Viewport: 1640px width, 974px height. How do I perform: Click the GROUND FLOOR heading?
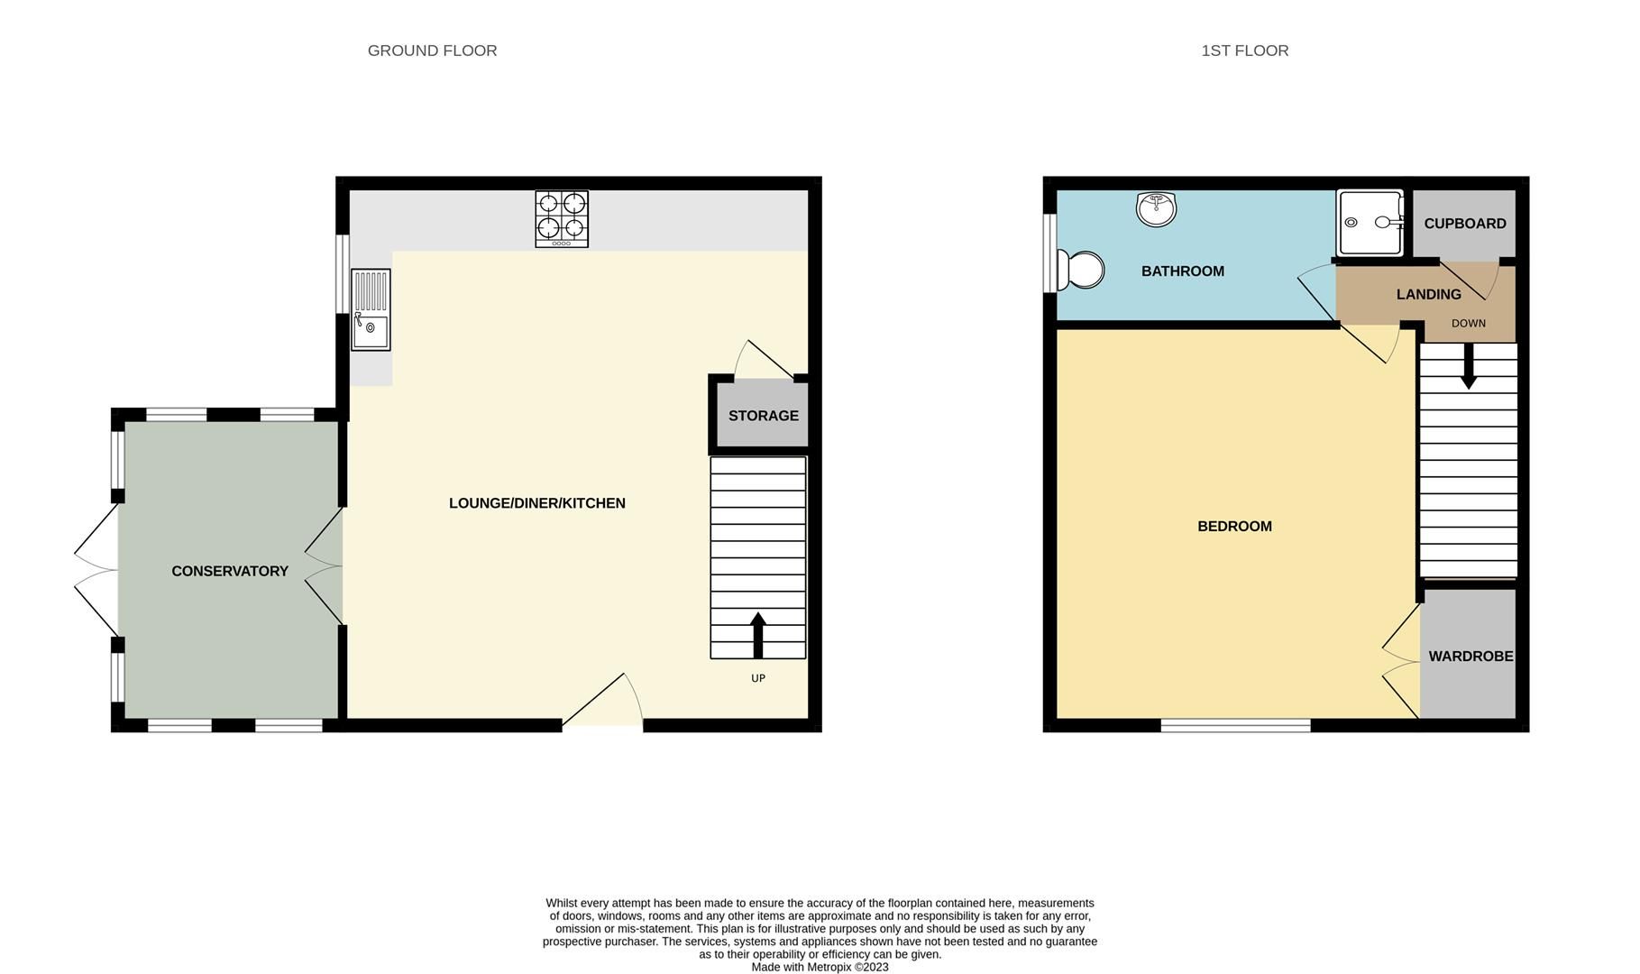click(x=432, y=51)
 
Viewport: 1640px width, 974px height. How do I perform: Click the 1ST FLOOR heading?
click(x=1244, y=51)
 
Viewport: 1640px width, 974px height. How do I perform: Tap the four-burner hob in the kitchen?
click(x=562, y=218)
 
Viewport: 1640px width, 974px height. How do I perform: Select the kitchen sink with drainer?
click(x=371, y=309)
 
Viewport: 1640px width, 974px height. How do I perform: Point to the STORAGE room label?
click(x=763, y=416)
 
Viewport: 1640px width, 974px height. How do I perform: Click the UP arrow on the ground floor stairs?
click(x=757, y=635)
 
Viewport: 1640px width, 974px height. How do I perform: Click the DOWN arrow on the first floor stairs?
click(x=1468, y=366)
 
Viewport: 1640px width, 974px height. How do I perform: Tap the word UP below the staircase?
click(x=757, y=678)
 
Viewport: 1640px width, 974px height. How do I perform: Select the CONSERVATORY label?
click(x=230, y=571)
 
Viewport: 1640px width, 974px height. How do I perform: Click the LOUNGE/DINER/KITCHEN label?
click(x=536, y=503)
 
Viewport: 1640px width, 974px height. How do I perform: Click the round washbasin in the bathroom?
click(x=1156, y=209)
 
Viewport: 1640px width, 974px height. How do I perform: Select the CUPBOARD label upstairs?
click(x=1464, y=224)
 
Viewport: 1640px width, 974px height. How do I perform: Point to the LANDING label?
click(x=1428, y=294)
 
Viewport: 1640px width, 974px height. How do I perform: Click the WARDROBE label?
click(x=1471, y=657)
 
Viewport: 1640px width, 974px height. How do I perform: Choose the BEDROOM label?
click(x=1234, y=526)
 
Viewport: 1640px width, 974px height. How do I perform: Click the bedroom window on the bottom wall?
click(x=1235, y=725)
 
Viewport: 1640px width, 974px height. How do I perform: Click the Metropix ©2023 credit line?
click(x=820, y=967)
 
